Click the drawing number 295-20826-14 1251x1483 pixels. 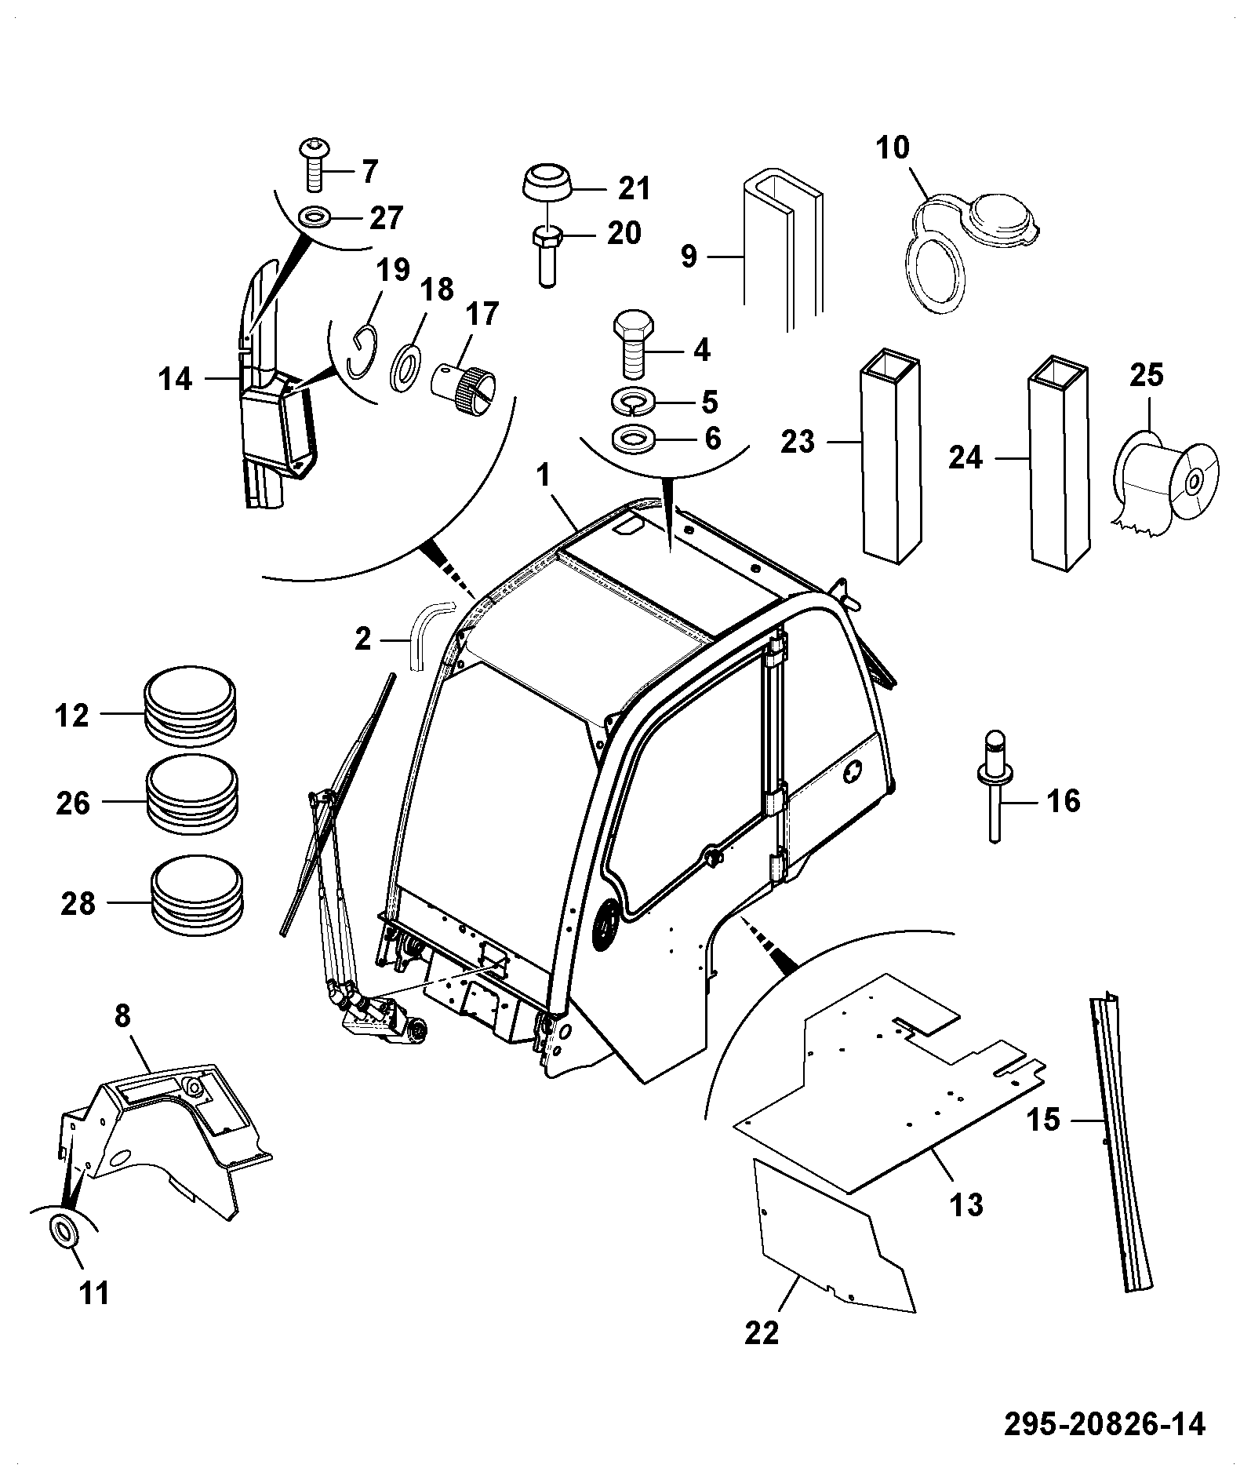point(1105,1424)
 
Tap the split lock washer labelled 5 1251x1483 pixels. point(636,402)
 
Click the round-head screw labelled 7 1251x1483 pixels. point(316,165)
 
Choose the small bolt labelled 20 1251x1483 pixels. point(547,257)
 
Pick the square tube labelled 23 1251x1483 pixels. point(890,455)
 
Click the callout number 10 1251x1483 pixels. point(892,148)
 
